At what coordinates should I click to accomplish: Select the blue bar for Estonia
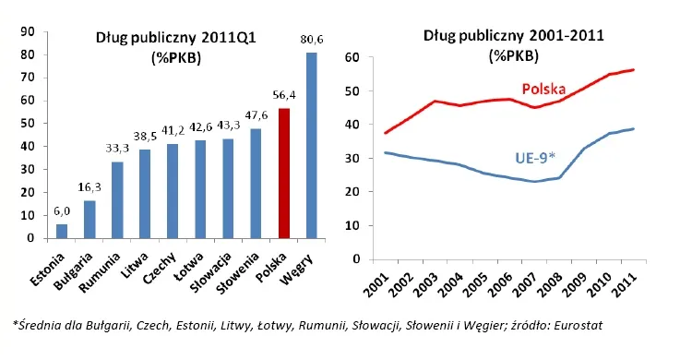click(62, 231)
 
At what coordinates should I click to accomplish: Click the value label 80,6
click(311, 40)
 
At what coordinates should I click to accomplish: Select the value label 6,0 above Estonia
click(62, 210)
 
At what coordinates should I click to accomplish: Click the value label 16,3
click(89, 187)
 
